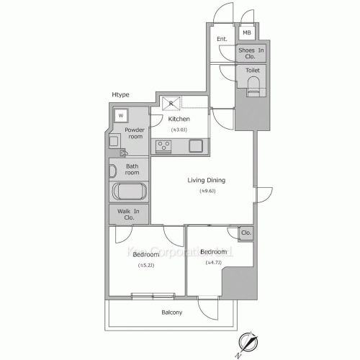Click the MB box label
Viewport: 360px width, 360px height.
pyautogui.click(x=246, y=32)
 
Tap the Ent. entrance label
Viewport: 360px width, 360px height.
pyautogui.click(x=222, y=39)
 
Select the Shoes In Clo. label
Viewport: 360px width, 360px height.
pyautogui.click(x=251, y=53)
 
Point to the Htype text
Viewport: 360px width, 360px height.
pyautogui.click(x=121, y=95)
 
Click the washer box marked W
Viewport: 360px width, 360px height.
pyautogui.click(x=121, y=115)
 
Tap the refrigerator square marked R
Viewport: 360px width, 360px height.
pyautogui.click(x=171, y=102)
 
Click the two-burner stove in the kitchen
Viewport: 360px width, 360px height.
pyautogui.click(x=163, y=145)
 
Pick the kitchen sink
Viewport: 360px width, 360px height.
pyautogui.click(x=196, y=145)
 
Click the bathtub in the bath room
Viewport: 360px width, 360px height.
pyautogui.click(x=130, y=192)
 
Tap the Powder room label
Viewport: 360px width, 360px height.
pyautogui.click(x=135, y=132)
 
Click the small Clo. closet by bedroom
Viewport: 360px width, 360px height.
pyautogui.click(x=246, y=233)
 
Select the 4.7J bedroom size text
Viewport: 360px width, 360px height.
pyautogui.click(x=213, y=262)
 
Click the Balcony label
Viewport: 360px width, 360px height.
pyautogui.click(x=171, y=312)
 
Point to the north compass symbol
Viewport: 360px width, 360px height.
pyautogui.click(x=246, y=343)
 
